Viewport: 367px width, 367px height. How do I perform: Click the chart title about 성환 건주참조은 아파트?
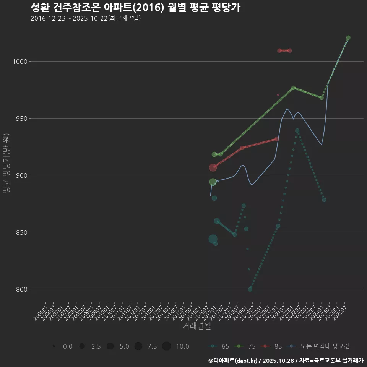135,8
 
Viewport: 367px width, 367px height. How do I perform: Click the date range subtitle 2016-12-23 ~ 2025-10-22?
86,18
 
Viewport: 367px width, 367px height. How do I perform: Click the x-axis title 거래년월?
196,326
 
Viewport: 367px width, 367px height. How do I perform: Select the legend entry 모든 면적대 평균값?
319,346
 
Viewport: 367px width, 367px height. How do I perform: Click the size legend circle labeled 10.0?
166,346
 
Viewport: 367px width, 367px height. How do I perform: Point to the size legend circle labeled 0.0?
54,346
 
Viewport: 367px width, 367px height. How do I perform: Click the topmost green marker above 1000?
348,38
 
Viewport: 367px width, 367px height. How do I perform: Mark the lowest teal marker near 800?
250,289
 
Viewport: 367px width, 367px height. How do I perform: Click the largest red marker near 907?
213,167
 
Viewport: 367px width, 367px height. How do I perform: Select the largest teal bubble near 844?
213,239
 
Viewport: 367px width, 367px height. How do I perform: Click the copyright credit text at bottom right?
286,361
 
